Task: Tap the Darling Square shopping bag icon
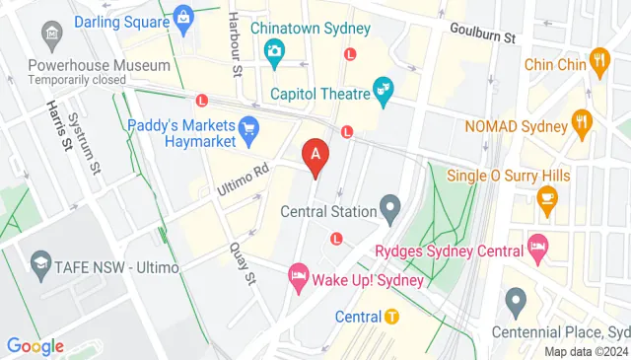pos(183,16)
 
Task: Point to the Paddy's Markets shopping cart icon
pos(249,126)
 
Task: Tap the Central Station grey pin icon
pos(391,210)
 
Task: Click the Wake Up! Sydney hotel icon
pos(297,277)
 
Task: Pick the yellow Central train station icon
pos(391,317)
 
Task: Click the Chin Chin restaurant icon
pos(598,64)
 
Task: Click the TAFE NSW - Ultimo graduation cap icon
pos(40,263)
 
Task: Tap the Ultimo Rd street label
pos(244,178)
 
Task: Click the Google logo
pos(35,346)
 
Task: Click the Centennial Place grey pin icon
pos(514,298)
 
